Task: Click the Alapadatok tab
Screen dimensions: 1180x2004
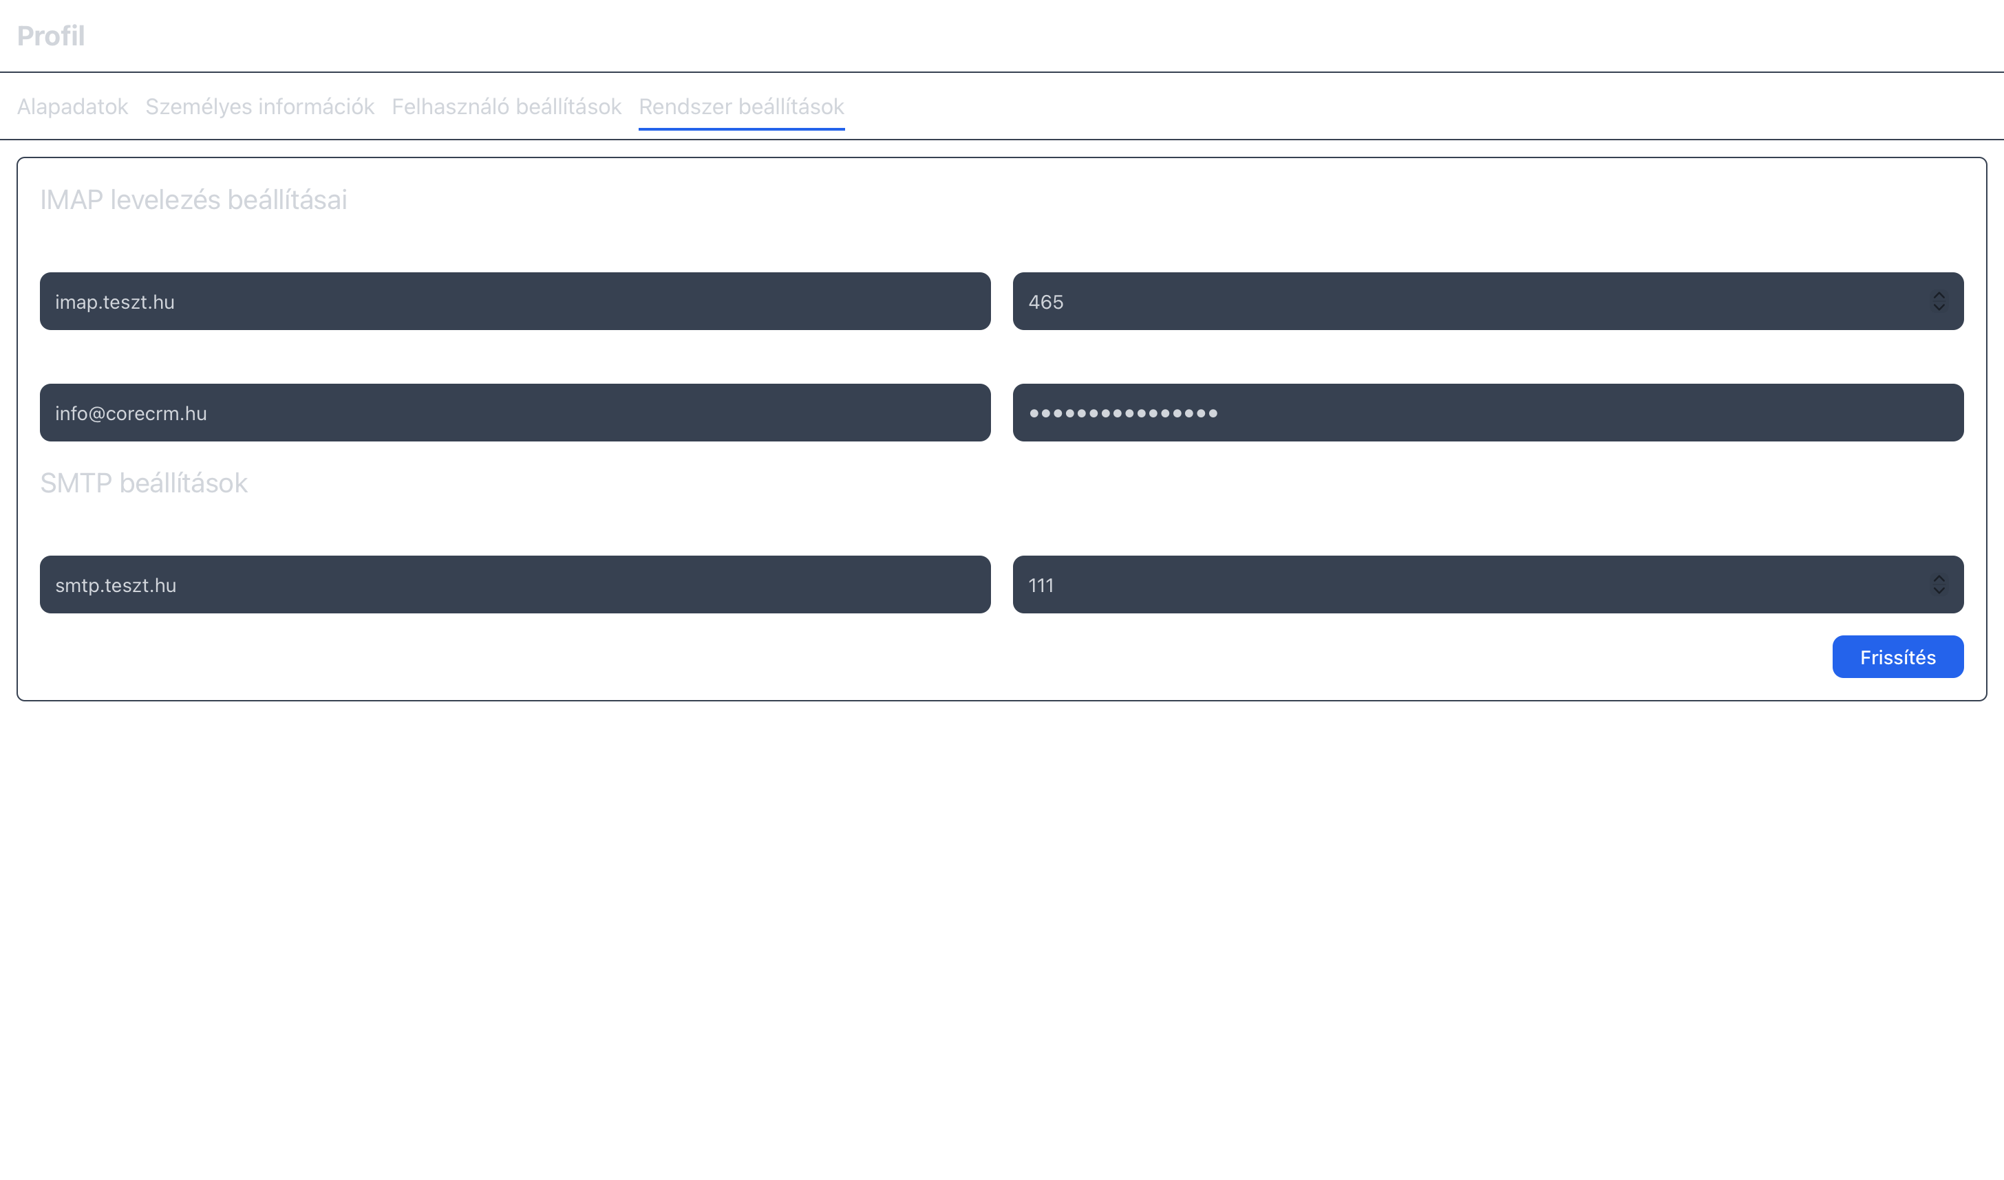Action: tap(72, 107)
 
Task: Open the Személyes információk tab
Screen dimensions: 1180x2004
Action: tap(259, 107)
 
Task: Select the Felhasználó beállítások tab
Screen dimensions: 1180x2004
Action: tap(506, 107)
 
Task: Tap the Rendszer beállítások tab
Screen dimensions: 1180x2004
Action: tap(740, 107)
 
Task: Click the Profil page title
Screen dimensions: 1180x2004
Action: tap(51, 36)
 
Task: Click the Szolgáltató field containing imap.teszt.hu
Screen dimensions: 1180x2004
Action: tap(515, 301)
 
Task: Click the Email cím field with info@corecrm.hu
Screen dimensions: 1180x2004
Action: tap(515, 413)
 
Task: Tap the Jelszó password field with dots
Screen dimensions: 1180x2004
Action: tap(1488, 413)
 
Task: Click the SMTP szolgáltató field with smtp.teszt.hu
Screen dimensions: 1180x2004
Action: tap(515, 584)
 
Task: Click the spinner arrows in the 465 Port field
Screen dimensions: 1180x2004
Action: tap(1939, 301)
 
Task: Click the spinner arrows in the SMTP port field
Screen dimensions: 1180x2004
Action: tap(1939, 584)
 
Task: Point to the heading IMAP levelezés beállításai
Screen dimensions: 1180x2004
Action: tap(193, 199)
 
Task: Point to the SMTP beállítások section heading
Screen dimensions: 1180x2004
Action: tap(144, 483)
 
